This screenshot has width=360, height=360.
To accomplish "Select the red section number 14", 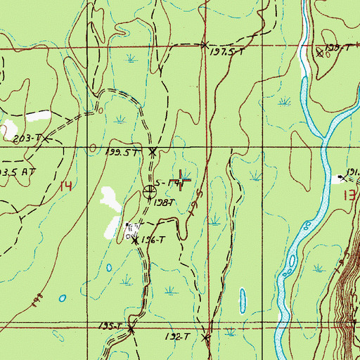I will point(66,186).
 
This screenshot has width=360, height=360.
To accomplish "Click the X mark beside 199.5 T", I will point(153,151).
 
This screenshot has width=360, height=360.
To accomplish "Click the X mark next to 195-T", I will point(130,328).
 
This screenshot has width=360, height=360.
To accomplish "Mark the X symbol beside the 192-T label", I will point(206,338).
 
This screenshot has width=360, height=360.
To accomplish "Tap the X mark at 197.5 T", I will point(205,46).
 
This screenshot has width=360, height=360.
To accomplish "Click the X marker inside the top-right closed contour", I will point(319,51).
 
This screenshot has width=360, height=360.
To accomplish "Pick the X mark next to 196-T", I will point(135,240).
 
